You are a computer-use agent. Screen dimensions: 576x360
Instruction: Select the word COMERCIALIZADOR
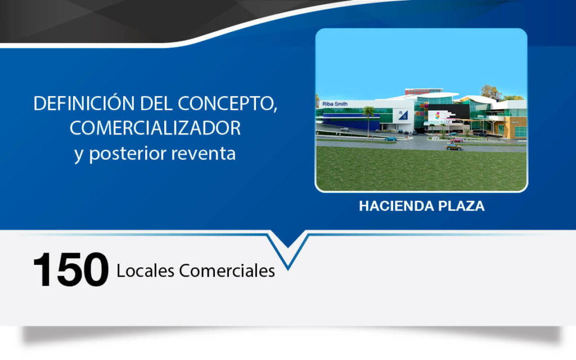[155, 128]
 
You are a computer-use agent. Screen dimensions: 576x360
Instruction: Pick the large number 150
[71, 269]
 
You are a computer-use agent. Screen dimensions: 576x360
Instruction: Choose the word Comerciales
[227, 271]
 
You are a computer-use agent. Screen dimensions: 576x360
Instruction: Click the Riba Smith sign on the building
[335, 104]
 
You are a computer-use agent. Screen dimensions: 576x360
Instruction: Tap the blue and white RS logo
[403, 115]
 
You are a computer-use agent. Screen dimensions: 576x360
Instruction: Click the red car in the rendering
[457, 140]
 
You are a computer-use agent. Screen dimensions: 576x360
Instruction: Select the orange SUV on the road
[454, 147]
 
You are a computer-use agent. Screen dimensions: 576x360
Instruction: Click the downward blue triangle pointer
[288, 245]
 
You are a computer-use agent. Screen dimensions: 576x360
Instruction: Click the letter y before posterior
[79, 156]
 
